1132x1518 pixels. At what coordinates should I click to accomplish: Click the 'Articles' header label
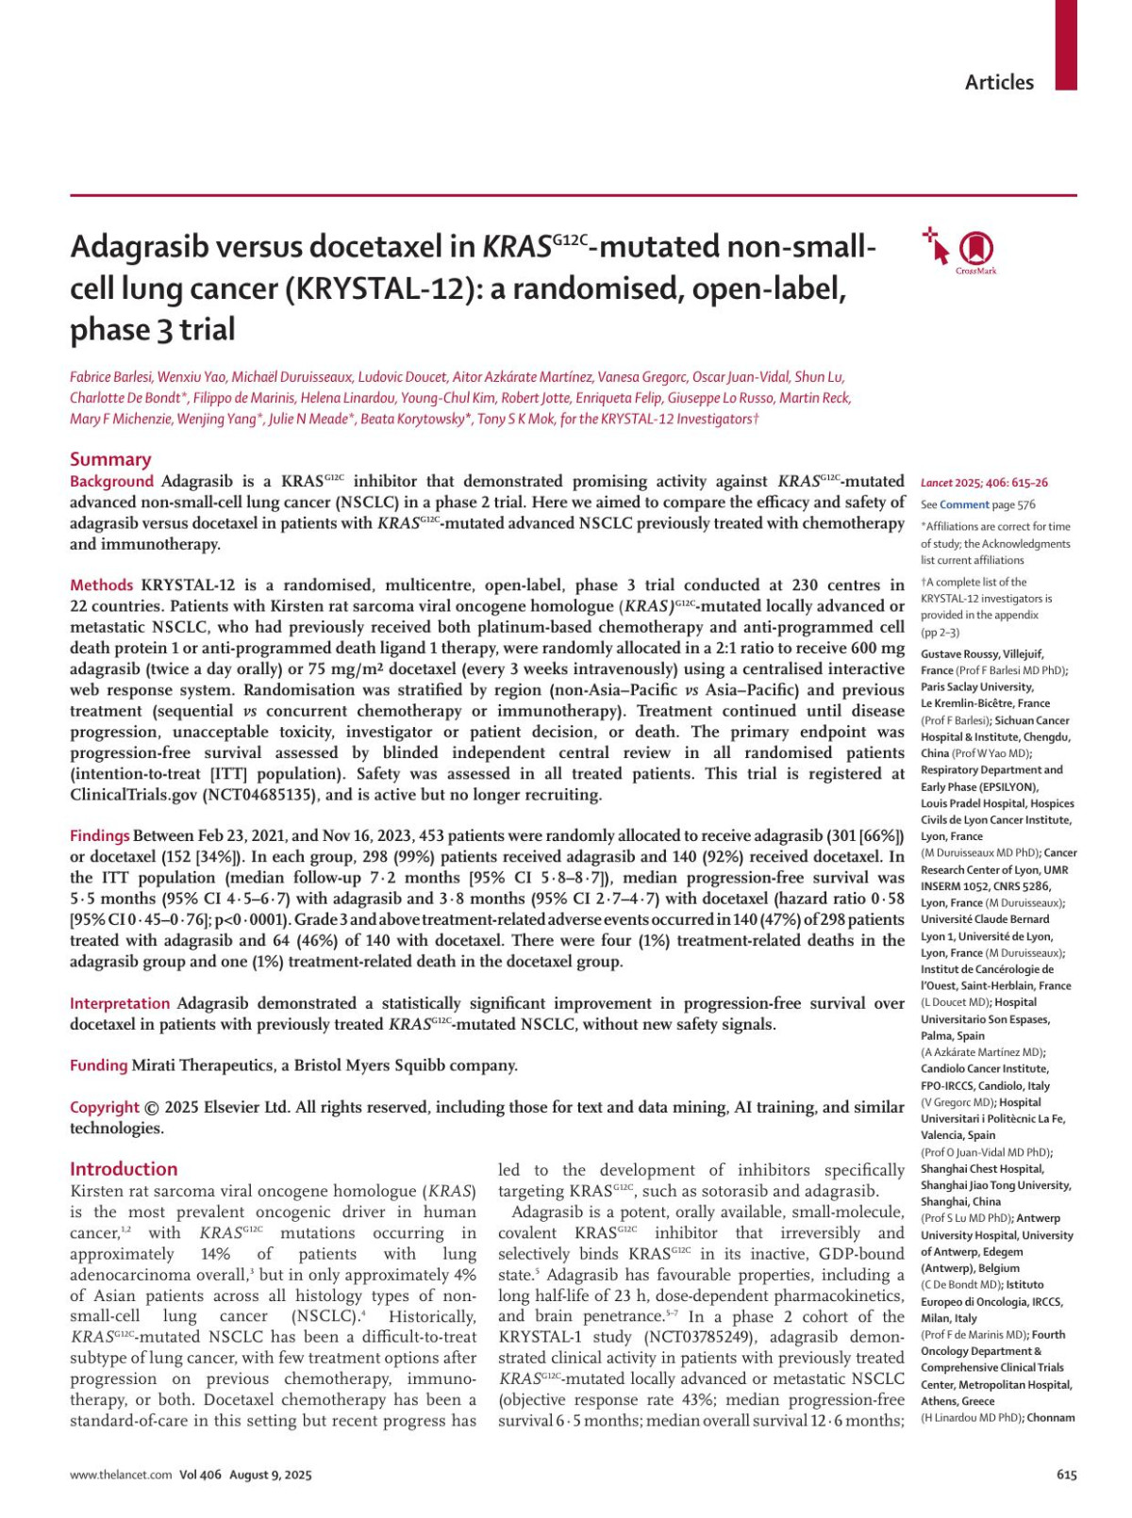point(999,82)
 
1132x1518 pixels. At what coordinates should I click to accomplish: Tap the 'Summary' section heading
point(110,459)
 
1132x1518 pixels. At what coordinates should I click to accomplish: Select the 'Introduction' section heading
point(124,1169)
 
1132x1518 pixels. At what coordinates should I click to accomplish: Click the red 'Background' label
point(111,481)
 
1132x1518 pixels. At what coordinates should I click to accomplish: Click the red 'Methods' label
point(102,586)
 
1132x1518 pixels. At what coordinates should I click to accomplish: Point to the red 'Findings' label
point(99,836)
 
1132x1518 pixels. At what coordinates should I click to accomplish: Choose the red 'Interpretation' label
point(120,1003)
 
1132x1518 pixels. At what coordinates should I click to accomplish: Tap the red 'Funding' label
point(98,1065)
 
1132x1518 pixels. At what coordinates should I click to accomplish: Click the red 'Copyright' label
point(104,1107)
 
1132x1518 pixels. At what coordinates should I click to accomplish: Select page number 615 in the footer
point(1066,1475)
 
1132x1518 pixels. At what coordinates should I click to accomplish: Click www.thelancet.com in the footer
point(121,1475)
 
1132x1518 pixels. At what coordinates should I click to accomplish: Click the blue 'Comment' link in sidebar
point(964,504)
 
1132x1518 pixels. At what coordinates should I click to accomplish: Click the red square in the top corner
point(1066,44)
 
